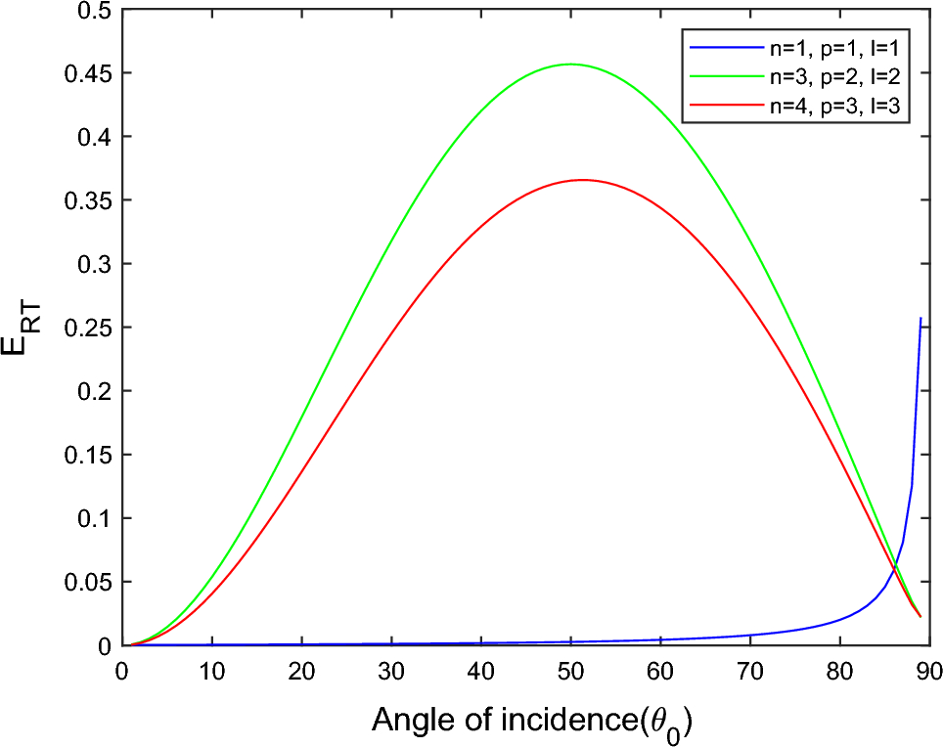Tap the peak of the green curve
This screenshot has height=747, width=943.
pyautogui.click(x=570, y=64)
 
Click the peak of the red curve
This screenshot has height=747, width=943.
pyautogui.click(x=582, y=180)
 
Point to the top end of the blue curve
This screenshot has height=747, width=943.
pyautogui.click(x=921, y=318)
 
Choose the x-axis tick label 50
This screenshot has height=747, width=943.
pyautogui.click(x=570, y=670)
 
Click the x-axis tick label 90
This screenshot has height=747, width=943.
pyautogui.click(x=928, y=670)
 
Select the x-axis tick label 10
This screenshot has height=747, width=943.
pyautogui.click(x=211, y=670)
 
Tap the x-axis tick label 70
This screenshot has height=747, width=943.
pyautogui.click(x=749, y=670)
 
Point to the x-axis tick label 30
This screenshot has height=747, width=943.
pyautogui.click(x=390, y=670)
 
